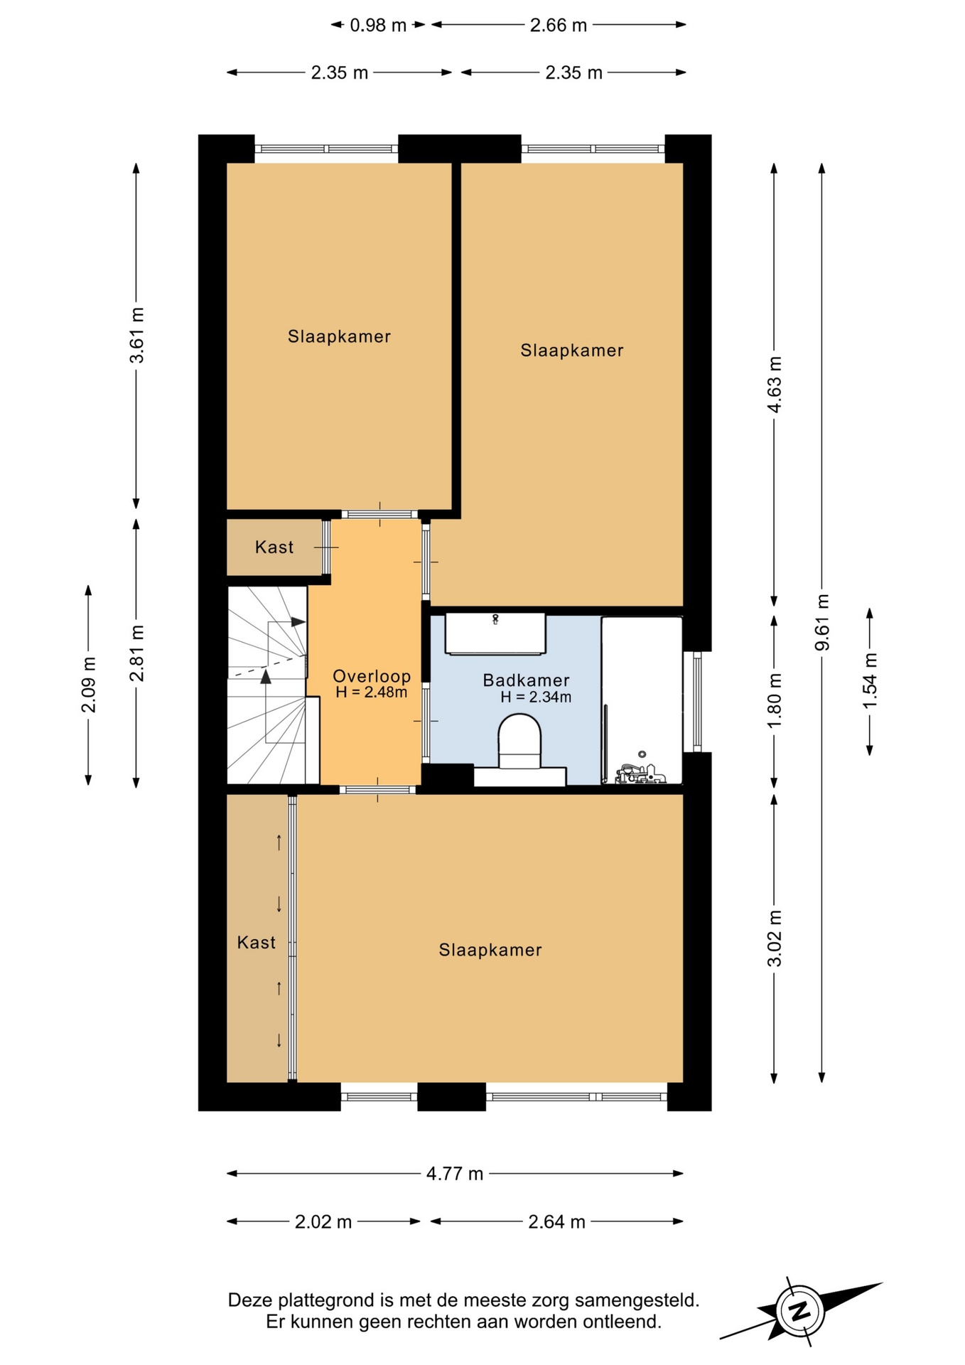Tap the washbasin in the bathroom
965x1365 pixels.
(x=495, y=633)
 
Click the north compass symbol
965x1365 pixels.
(x=801, y=1310)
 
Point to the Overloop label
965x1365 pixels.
(x=372, y=676)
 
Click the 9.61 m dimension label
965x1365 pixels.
(x=822, y=622)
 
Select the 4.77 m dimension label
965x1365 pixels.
(x=455, y=1173)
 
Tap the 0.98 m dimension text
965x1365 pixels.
(x=378, y=26)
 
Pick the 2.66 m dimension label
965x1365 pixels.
(x=559, y=26)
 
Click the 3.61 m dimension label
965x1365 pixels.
(x=136, y=335)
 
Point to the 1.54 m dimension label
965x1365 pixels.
(x=870, y=680)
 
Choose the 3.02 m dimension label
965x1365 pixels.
(x=775, y=938)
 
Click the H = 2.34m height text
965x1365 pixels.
(x=536, y=697)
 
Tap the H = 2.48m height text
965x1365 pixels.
(x=372, y=692)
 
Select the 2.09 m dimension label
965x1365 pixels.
(x=89, y=685)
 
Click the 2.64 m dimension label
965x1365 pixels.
(x=556, y=1221)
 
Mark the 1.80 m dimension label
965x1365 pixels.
(x=775, y=700)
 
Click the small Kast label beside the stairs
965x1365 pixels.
(x=274, y=547)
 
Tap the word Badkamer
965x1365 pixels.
(x=526, y=680)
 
